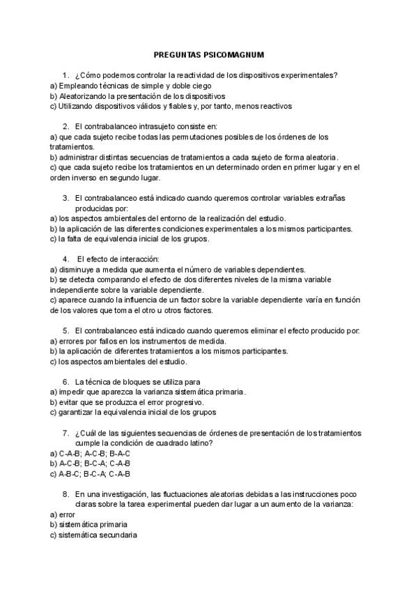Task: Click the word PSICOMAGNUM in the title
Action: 233,54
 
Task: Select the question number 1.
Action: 65,75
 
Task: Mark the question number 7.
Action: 65,433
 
